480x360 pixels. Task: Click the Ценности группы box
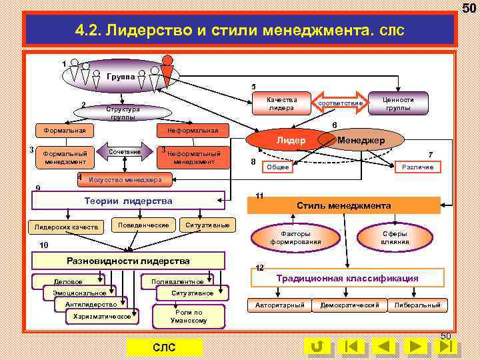[398, 103]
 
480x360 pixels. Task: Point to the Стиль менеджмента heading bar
[343, 205]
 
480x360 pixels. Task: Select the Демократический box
[349, 305]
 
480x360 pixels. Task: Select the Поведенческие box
[143, 225]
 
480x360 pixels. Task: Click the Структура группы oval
[123, 113]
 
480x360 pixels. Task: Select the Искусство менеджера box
[125, 180]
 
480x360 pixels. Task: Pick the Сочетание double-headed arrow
[125, 153]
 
